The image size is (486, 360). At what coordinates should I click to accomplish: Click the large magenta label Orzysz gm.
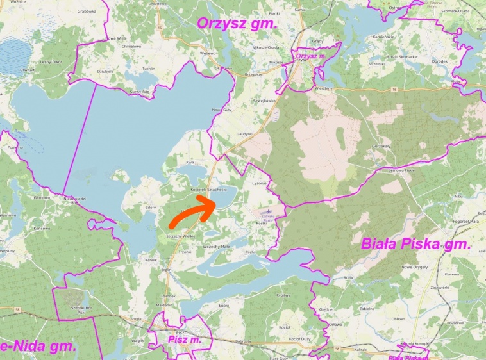coord(237,24)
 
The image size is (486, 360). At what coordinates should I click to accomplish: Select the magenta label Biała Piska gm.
coord(415,244)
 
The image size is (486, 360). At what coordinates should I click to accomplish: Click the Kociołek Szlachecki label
coord(210,190)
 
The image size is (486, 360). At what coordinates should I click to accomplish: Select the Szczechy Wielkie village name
coord(180,236)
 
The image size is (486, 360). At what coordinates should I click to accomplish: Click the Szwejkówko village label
coord(264,101)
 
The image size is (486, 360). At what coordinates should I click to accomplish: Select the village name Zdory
coord(151,207)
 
